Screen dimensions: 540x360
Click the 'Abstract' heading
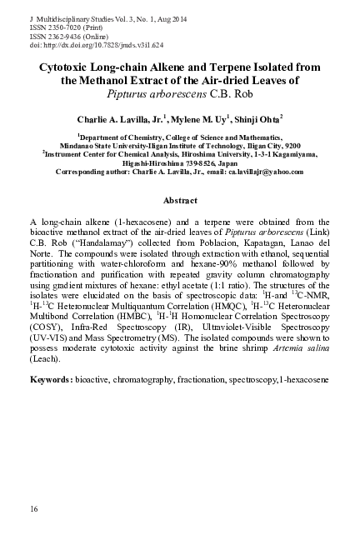point(179,201)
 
